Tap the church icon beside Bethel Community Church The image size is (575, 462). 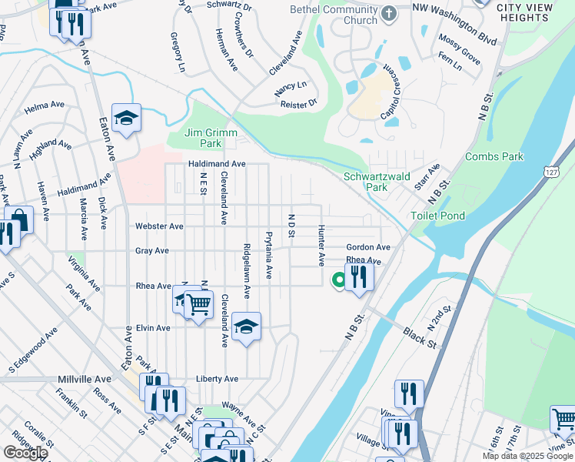(390, 13)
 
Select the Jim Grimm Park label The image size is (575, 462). (204, 138)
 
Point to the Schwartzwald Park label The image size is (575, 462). (365, 182)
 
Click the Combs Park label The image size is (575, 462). (494, 157)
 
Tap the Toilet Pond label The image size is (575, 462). (438, 216)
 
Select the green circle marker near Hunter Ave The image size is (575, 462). (337, 281)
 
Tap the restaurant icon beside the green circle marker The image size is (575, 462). (359, 276)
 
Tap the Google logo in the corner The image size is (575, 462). (25, 453)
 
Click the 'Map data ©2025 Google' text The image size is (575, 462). (527, 456)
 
